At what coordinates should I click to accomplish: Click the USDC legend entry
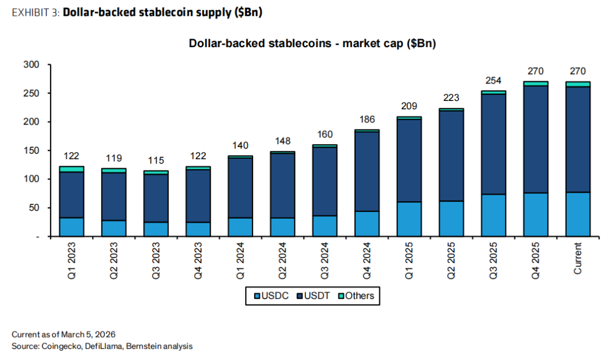point(272,296)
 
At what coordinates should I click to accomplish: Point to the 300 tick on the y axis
point(31,65)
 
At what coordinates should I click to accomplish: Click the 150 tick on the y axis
point(31,151)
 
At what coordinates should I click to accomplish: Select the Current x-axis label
point(578,258)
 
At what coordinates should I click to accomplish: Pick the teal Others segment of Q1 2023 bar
point(71,169)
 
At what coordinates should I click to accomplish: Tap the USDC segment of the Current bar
point(578,214)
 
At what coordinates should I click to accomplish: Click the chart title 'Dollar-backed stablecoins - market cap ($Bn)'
point(313,44)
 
